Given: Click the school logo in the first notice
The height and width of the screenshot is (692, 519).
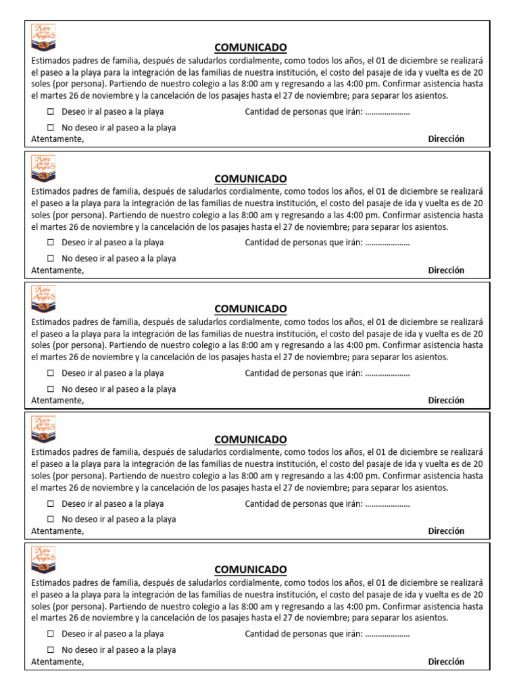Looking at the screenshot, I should point(43,36).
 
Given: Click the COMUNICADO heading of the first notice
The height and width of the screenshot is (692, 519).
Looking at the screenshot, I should point(250,47).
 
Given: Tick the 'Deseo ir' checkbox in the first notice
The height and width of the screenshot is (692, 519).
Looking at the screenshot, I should point(51,112).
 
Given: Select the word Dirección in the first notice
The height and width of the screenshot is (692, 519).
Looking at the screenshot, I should point(446,139).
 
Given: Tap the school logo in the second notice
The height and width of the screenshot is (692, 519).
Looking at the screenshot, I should point(43,168).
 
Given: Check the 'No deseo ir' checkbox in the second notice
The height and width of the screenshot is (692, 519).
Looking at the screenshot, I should point(51,258).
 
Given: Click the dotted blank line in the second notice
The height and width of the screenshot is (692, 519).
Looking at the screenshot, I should point(387,243).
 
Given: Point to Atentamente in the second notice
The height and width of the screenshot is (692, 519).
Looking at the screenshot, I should point(57,270).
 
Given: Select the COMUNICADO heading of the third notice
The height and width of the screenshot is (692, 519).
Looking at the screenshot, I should point(250,309).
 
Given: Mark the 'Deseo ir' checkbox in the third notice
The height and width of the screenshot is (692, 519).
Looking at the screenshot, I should point(51,373).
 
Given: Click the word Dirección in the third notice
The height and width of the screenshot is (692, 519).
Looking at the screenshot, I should point(446,401).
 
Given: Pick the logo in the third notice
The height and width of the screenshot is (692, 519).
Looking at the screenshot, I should point(43,298).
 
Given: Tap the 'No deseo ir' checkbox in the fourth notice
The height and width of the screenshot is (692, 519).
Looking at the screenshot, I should point(51,520).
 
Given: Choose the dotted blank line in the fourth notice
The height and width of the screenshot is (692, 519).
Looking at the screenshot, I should point(387,504).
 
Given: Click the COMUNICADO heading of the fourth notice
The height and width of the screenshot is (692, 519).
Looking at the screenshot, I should point(250,439).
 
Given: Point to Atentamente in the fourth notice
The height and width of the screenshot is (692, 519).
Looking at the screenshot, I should point(57,531).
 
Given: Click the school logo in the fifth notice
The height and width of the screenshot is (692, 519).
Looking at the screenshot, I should point(43,559).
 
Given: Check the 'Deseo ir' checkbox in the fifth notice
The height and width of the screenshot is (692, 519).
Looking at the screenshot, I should point(51,635).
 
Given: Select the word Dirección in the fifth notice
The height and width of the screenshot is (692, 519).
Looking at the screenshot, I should point(446,662).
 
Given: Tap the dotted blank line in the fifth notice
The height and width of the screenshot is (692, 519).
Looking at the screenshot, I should point(387,635).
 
